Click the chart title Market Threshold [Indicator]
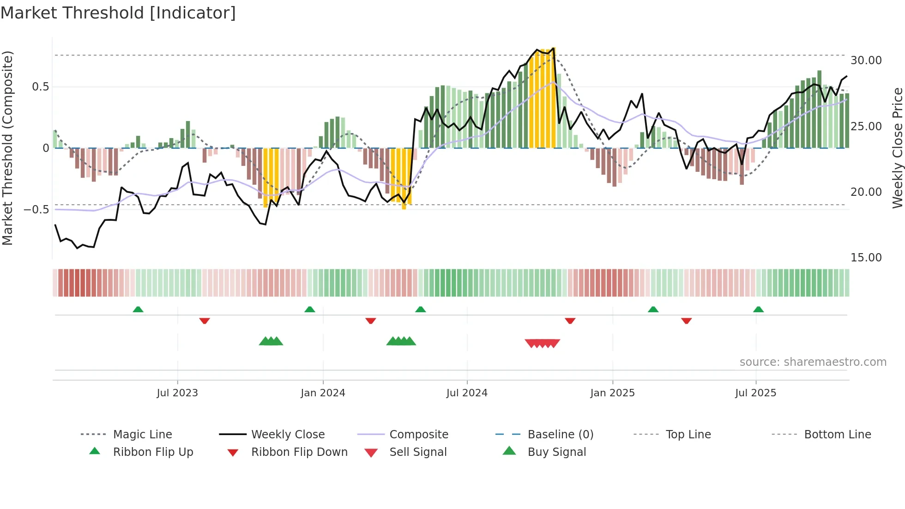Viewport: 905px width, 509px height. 118,13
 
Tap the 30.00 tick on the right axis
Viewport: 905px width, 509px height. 866,61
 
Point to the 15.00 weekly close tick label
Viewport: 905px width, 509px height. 866,258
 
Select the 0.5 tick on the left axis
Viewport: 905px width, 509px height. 40,87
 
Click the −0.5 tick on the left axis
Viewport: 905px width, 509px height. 36,210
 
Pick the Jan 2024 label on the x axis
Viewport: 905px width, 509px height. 323,393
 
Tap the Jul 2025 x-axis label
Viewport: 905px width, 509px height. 755,393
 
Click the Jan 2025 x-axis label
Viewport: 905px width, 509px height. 612,393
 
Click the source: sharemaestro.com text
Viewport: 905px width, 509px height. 813,362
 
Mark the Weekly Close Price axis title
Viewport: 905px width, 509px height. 897,148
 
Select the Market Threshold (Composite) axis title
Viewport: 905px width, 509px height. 7,148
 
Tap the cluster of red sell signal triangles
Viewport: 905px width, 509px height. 543,343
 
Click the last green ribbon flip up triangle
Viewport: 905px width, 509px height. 758,309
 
